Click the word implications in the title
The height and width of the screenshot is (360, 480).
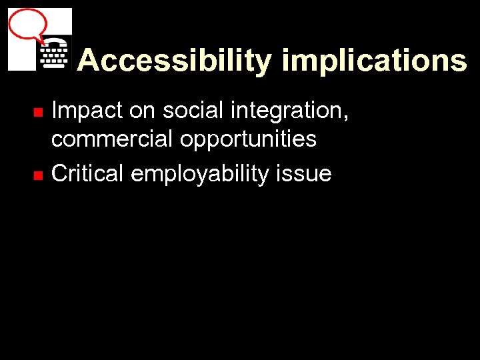(x=374, y=61)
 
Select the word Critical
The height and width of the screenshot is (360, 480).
(x=88, y=173)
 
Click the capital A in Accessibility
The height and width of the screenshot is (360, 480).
(x=87, y=61)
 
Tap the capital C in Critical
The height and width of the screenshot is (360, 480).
(x=59, y=173)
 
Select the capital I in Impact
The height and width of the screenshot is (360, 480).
(x=55, y=111)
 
